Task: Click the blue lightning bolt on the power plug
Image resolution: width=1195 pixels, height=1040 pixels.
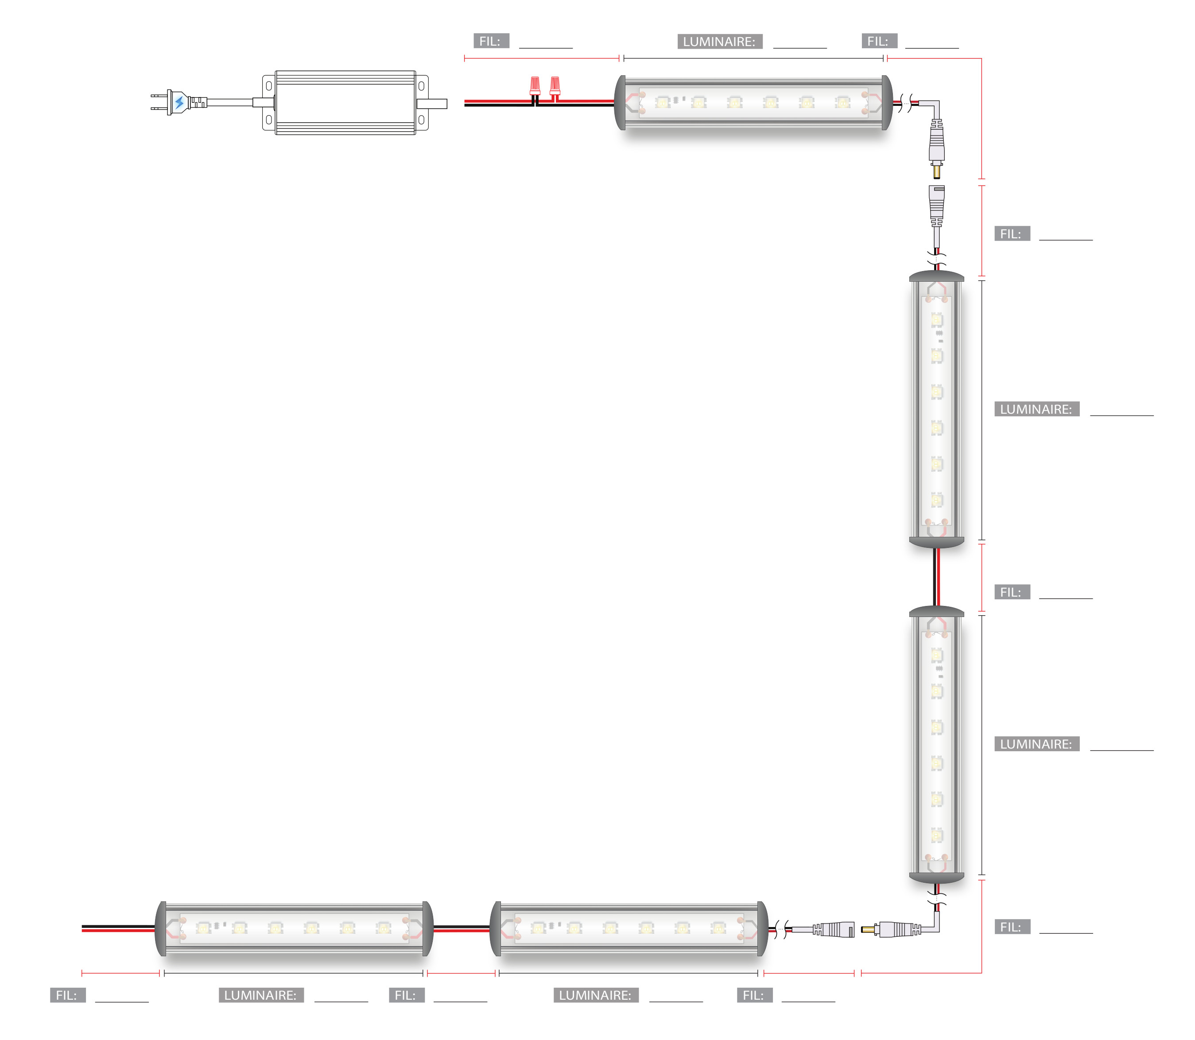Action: click(x=179, y=103)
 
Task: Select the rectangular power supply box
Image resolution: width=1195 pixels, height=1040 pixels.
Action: click(x=345, y=103)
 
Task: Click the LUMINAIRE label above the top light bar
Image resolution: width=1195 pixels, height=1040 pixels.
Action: click(x=720, y=41)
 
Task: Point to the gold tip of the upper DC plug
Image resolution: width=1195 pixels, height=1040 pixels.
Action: click(x=937, y=172)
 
